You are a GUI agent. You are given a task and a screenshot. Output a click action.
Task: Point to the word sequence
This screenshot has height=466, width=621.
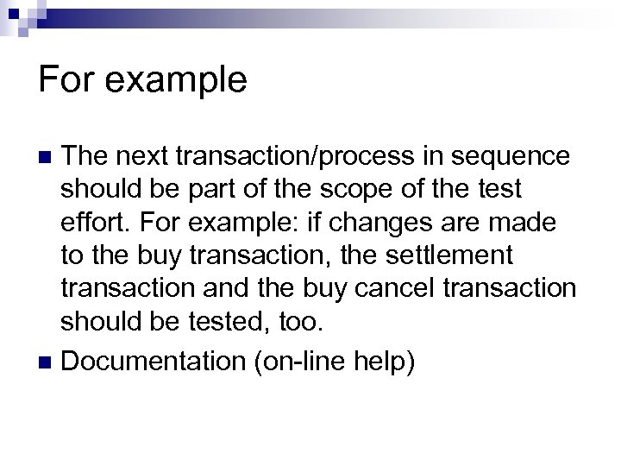(x=515, y=156)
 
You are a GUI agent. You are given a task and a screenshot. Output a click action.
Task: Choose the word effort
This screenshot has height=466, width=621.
(x=91, y=223)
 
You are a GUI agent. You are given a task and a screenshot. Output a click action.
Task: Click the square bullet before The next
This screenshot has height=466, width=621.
(x=48, y=158)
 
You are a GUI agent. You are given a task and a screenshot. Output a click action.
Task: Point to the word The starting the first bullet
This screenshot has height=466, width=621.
(x=86, y=156)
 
